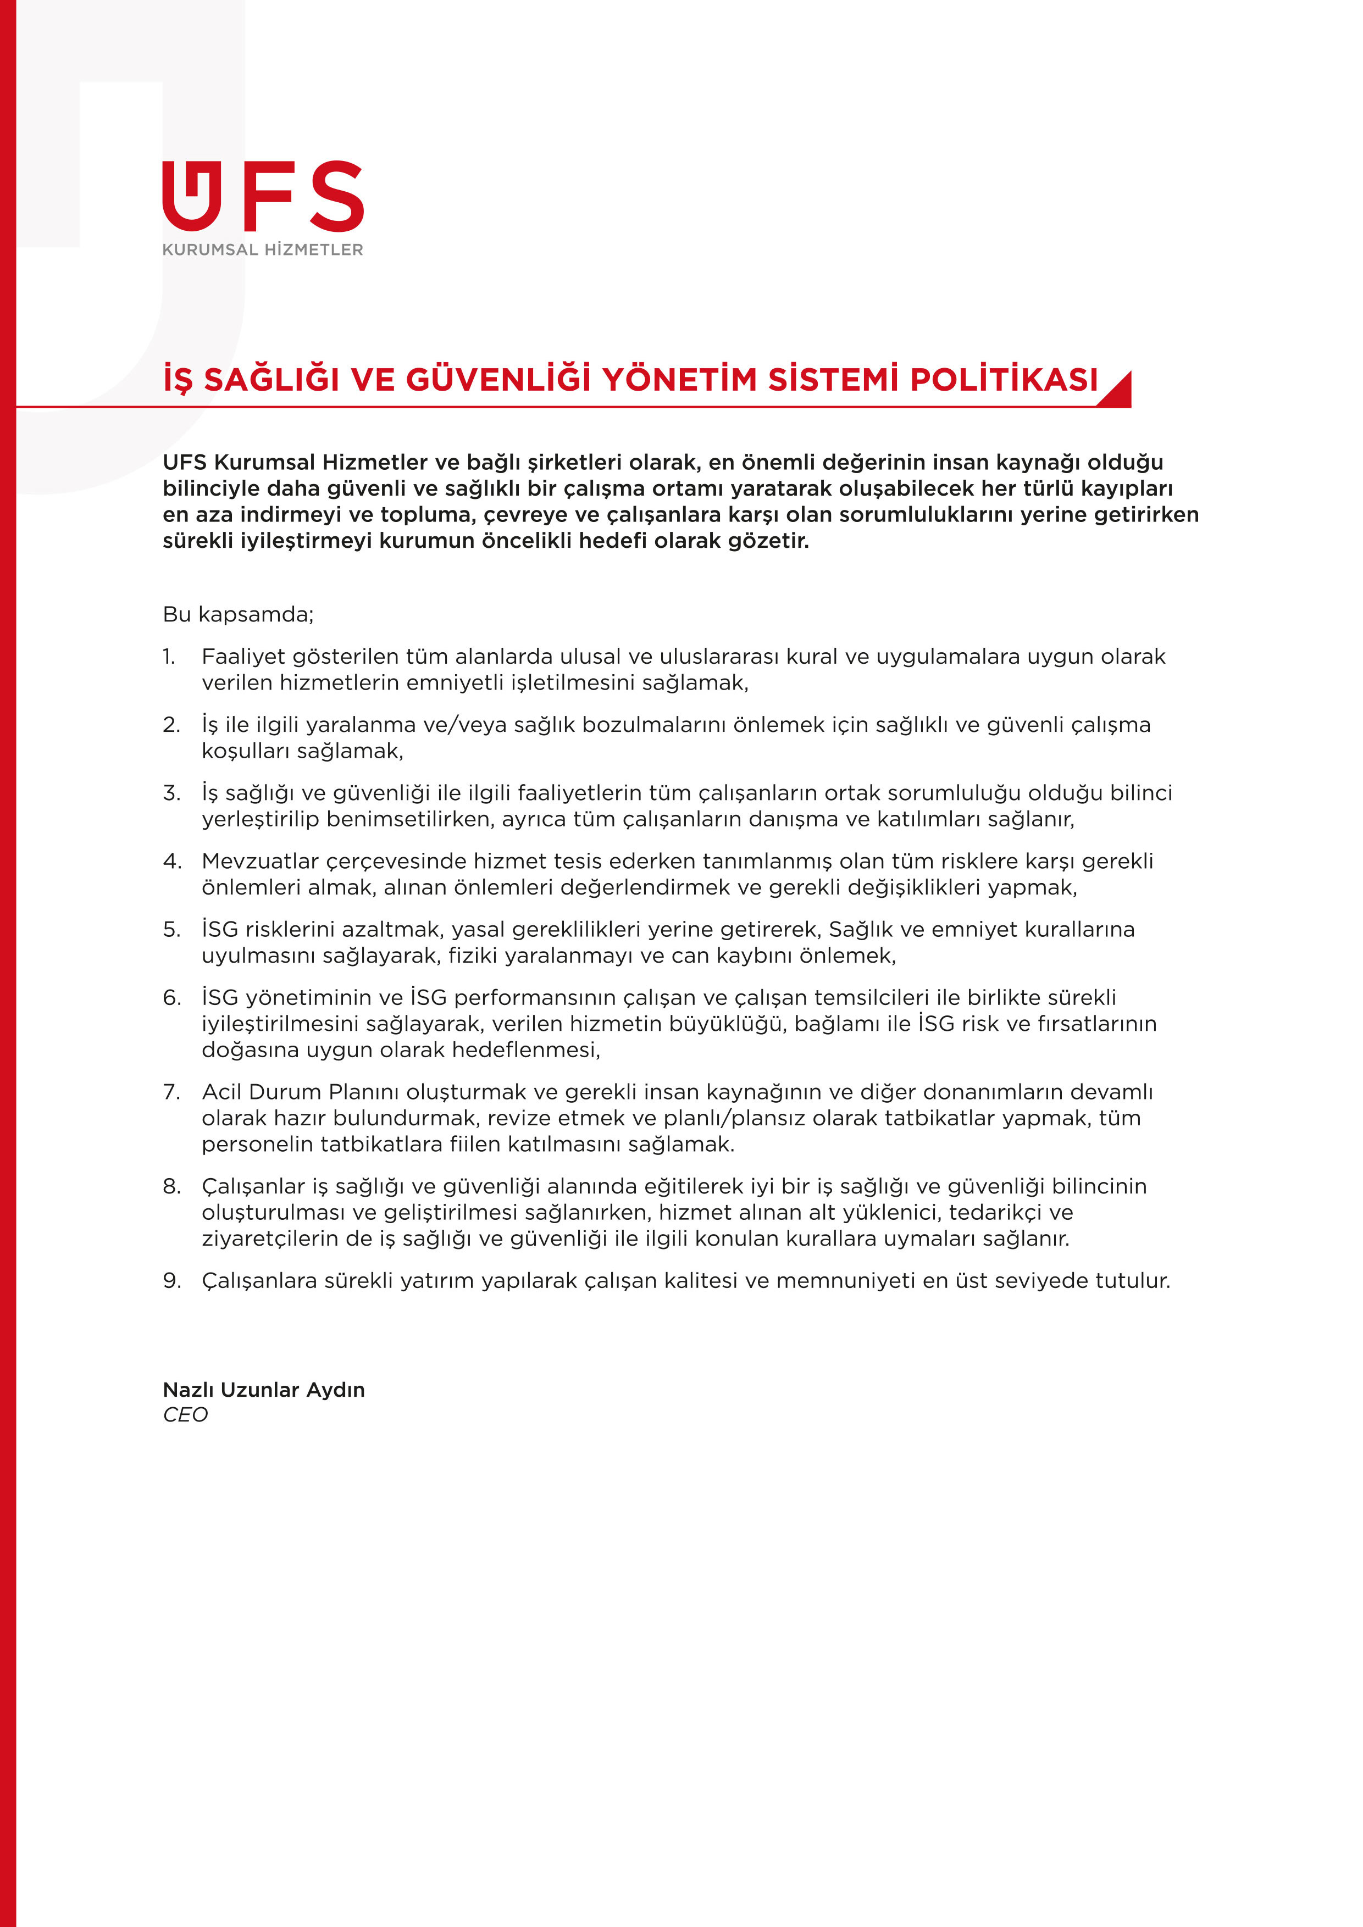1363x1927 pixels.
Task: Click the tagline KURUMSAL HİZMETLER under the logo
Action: click(x=263, y=250)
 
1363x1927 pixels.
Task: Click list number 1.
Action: click(x=169, y=656)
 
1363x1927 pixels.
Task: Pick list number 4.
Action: click(x=171, y=861)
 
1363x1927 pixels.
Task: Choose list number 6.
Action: click(x=171, y=998)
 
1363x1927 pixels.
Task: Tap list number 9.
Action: click(x=171, y=1281)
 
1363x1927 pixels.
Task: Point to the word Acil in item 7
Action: click(x=223, y=1092)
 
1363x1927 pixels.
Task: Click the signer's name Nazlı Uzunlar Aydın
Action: click(x=264, y=1390)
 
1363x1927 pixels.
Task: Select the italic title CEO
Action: click(x=185, y=1415)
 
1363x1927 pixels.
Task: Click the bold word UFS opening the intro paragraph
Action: click(x=185, y=463)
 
